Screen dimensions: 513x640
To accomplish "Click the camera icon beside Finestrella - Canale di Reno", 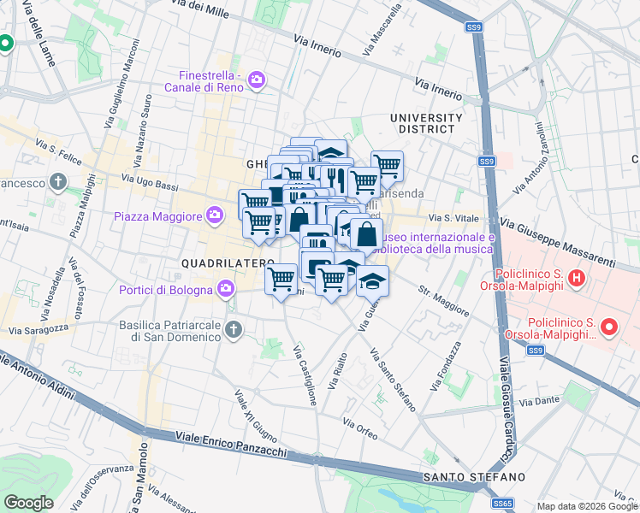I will (x=256, y=81).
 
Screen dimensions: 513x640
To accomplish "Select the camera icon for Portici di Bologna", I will (x=225, y=288).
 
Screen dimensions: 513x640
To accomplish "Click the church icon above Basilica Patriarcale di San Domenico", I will (x=233, y=328).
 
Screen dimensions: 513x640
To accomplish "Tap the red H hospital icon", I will (x=577, y=278).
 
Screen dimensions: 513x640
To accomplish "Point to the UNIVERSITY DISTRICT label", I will (x=425, y=123).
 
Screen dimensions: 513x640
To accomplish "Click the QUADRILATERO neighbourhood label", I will (x=228, y=262).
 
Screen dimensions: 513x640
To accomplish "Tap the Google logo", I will (x=29, y=503).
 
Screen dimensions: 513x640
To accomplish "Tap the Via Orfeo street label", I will (x=360, y=428).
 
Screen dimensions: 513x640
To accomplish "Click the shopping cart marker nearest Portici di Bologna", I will (x=281, y=279).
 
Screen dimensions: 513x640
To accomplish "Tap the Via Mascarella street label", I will (x=382, y=31).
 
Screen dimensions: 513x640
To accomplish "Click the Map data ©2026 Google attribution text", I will (x=587, y=506).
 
